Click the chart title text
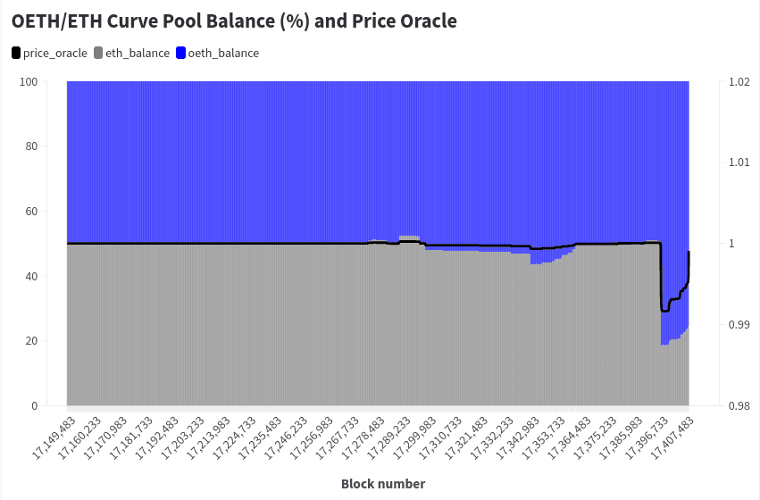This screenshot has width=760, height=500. pos(234,21)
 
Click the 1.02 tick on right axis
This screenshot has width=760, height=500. pos(739,82)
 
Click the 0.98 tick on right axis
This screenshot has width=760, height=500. pos(739,406)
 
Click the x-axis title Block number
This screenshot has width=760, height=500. pos(383,484)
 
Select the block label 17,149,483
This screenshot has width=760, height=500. pos(54,437)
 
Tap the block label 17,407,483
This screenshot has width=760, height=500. pos(673,437)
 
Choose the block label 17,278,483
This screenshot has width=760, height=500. pos(363,437)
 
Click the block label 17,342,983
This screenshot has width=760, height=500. pos(519,437)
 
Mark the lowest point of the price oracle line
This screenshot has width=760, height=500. pos(664,311)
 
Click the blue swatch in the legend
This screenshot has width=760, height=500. pos(180,54)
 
